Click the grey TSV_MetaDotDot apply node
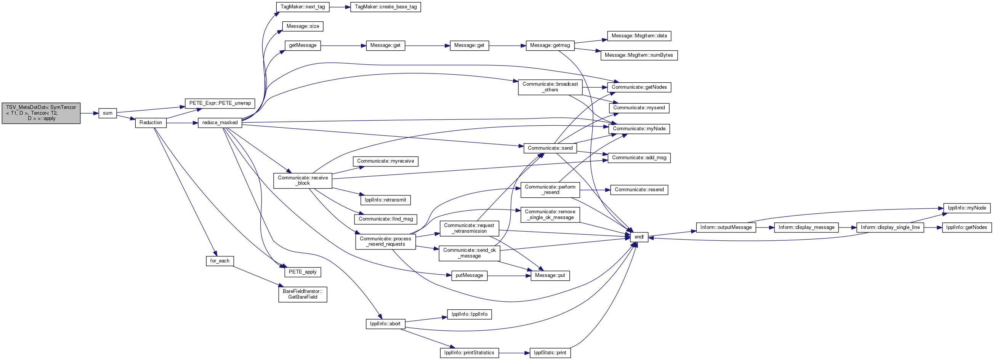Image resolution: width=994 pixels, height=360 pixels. pos(41,113)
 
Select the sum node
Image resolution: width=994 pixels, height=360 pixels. pos(107,113)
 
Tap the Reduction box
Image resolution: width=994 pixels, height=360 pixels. pos(151,123)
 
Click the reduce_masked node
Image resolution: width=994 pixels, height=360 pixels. pos(220,123)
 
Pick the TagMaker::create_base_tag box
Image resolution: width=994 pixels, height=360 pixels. pos(385,7)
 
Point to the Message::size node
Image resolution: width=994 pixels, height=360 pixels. pos(303,26)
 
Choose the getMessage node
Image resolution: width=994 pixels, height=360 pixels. pos(303,46)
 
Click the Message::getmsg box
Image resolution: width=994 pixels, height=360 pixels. pos(550,46)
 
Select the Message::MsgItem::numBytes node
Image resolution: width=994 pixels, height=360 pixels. pos(639,55)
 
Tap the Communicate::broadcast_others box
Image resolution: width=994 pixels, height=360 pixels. pos(550,87)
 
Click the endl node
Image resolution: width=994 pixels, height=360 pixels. pos(639,237)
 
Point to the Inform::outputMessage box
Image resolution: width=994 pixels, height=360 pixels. pos(726,227)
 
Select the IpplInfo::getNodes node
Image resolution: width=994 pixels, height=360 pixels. pos(967,227)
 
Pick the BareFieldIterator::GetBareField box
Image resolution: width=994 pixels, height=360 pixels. pos(303,294)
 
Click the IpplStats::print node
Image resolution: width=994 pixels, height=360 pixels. pos(550,353)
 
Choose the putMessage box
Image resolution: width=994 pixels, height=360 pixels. pos(469,275)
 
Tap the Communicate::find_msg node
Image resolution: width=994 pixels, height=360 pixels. pos(385,219)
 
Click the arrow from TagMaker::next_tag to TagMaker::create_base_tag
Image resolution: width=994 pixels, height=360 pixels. pos(340,7)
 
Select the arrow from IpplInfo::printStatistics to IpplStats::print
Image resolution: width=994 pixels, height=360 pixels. pos(514,353)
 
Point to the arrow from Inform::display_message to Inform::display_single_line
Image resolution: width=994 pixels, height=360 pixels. pos(847,227)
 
